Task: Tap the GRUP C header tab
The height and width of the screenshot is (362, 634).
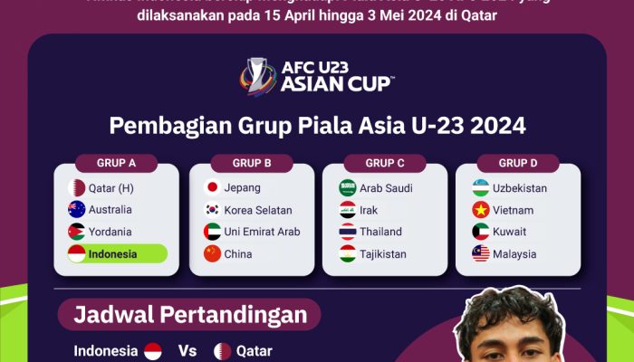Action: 385,164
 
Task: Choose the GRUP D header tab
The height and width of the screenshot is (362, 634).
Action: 518,164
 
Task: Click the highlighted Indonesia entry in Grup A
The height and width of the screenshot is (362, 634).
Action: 117,253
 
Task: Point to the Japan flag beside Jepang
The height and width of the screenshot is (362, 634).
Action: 212,188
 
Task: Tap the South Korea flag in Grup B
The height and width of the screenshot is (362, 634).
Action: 212,210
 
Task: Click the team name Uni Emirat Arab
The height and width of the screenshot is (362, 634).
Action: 263,232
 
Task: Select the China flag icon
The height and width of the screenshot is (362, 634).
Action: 212,253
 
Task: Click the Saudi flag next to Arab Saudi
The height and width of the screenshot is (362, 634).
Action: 347,188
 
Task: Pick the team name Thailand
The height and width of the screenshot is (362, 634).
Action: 380,232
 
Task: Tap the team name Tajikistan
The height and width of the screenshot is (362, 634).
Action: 383,253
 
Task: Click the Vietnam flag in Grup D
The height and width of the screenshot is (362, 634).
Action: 480,210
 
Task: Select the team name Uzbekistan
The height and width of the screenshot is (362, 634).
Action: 520,188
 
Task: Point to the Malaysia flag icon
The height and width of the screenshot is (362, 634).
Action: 480,253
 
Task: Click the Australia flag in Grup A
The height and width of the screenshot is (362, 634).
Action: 77,210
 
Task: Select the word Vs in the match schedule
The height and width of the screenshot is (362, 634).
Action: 187,350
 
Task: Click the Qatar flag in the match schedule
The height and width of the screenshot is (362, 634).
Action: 223,350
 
